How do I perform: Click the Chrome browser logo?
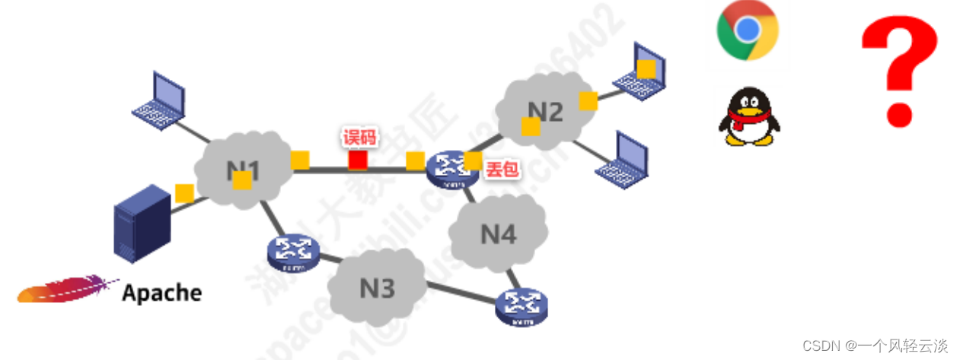click(x=748, y=30)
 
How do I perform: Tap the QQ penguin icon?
click(x=749, y=116)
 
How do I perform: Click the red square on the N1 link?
click(x=358, y=160)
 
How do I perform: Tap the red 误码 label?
click(x=359, y=138)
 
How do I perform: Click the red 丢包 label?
click(x=502, y=169)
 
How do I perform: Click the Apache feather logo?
click(x=69, y=290)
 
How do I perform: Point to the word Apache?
click(x=162, y=293)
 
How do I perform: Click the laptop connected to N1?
click(x=160, y=100)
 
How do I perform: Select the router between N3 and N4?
click(x=521, y=305)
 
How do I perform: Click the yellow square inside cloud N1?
click(x=242, y=180)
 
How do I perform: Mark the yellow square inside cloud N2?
click(x=531, y=126)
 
